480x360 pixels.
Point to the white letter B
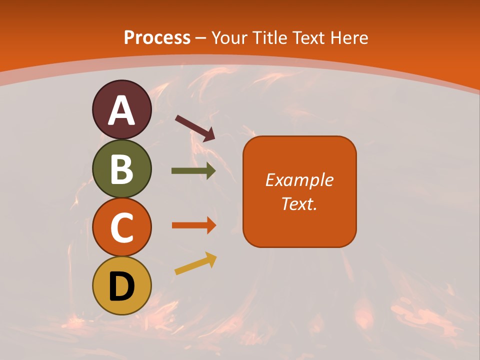coord(121,169)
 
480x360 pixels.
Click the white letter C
coord(121,227)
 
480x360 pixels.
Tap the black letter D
coord(121,286)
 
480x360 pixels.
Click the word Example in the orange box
coord(299,180)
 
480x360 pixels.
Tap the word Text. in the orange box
coord(299,203)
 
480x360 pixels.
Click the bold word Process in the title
coord(157,38)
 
